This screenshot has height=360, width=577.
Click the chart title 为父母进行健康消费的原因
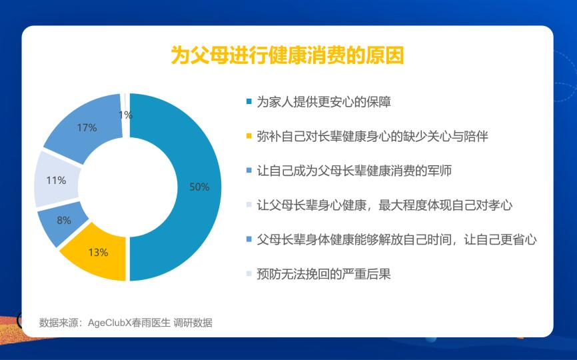point(287,55)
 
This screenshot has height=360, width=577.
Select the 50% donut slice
point(199,187)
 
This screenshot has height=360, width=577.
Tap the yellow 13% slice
point(97,254)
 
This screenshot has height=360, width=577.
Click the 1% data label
point(125,115)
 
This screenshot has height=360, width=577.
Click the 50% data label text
point(199,187)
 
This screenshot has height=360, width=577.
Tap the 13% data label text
point(98,253)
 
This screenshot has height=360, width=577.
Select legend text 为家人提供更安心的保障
point(324,102)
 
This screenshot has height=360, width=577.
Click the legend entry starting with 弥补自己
point(372,136)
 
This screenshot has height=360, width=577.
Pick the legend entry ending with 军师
point(354,171)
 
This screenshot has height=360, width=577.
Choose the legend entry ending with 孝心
point(384,205)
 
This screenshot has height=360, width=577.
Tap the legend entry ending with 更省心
point(396,239)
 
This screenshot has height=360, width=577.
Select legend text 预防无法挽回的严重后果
point(324,274)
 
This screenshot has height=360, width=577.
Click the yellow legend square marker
point(249,136)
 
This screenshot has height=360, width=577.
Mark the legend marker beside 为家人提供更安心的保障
point(249,102)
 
